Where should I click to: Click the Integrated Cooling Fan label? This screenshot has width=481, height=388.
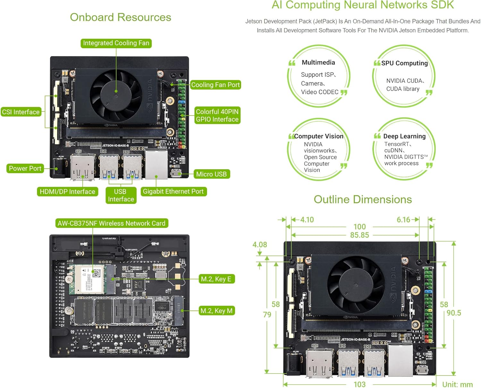pyautogui.click(x=116, y=43)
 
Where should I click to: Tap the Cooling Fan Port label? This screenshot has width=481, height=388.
pyautogui.click(x=215, y=85)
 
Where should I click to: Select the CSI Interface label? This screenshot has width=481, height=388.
pyautogui.click(x=21, y=112)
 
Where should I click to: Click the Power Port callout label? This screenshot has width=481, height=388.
pyautogui.click(x=25, y=168)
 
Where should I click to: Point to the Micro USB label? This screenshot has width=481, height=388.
pyautogui.click(x=211, y=174)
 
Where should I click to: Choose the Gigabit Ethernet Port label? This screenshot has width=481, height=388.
pyautogui.click(x=173, y=191)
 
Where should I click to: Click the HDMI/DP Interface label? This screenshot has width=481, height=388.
pyautogui.click(x=67, y=192)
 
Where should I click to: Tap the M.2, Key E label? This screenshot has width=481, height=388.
pyautogui.click(x=216, y=279)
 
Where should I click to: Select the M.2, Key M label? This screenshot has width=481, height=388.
pyautogui.click(x=216, y=311)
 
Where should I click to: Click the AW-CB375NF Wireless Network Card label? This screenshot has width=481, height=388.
pyautogui.click(x=112, y=223)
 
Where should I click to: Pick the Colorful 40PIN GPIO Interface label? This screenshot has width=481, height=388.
pyautogui.click(x=217, y=116)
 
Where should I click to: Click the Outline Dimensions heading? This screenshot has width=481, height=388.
pyautogui.click(x=363, y=199)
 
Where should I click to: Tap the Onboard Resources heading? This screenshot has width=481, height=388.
pyautogui.click(x=121, y=17)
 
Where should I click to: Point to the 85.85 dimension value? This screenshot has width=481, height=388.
pyautogui.click(x=359, y=235)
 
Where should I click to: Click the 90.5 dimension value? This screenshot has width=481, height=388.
pyautogui.click(x=454, y=313)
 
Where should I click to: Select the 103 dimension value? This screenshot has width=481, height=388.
pyautogui.click(x=359, y=384)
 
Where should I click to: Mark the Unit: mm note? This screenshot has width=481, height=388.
pyautogui.click(x=457, y=384)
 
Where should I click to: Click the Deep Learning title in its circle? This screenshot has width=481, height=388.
pyautogui.click(x=404, y=136)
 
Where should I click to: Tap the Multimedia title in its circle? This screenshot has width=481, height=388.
pyautogui.click(x=318, y=62)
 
